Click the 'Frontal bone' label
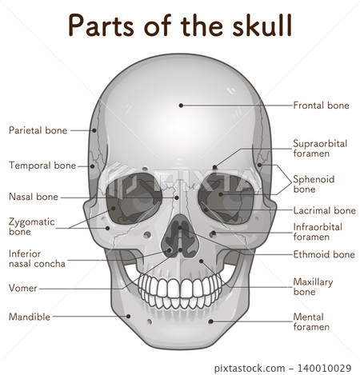point(321,106)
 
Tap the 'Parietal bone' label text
point(38,130)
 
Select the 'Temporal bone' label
point(42,166)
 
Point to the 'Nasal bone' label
point(34,197)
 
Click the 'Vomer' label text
point(23,288)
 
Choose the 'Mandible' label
point(30,317)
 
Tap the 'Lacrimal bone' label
point(325,210)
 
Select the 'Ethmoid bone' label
point(324,254)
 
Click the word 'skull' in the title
point(262,26)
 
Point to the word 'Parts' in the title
point(101,26)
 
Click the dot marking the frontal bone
point(181,106)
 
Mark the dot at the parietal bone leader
point(94,130)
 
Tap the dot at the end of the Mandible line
point(128,317)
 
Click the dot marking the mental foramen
point(210,321)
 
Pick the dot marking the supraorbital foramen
point(214,167)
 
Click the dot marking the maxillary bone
point(202,261)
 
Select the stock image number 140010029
point(324,368)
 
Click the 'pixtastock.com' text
point(250,369)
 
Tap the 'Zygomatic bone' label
point(32,226)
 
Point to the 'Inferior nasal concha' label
point(37,258)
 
